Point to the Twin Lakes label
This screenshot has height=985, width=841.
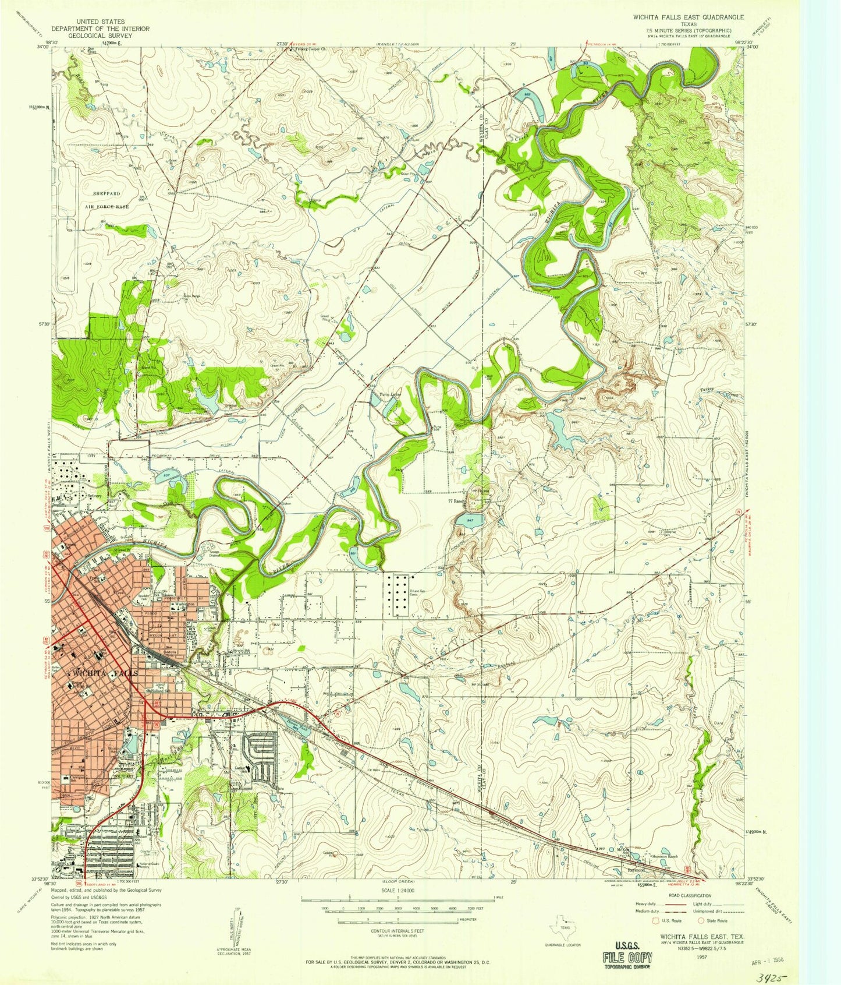(x=391, y=394)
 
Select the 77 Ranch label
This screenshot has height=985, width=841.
(x=458, y=500)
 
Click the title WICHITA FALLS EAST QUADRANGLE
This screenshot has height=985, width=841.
(x=688, y=18)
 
